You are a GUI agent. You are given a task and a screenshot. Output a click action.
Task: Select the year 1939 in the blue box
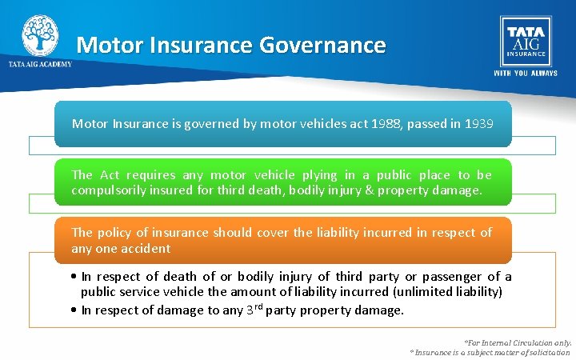tap(478, 124)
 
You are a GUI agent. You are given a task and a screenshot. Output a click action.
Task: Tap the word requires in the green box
tap(149, 175)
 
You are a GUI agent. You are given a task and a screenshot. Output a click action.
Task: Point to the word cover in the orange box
tap(275, 233)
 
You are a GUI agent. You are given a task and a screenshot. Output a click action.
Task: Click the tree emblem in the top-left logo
tap(39, 35)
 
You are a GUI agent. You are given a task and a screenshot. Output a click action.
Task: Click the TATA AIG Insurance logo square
tap(525, 41)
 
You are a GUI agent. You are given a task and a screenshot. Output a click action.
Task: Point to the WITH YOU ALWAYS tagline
tap(525, 73)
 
